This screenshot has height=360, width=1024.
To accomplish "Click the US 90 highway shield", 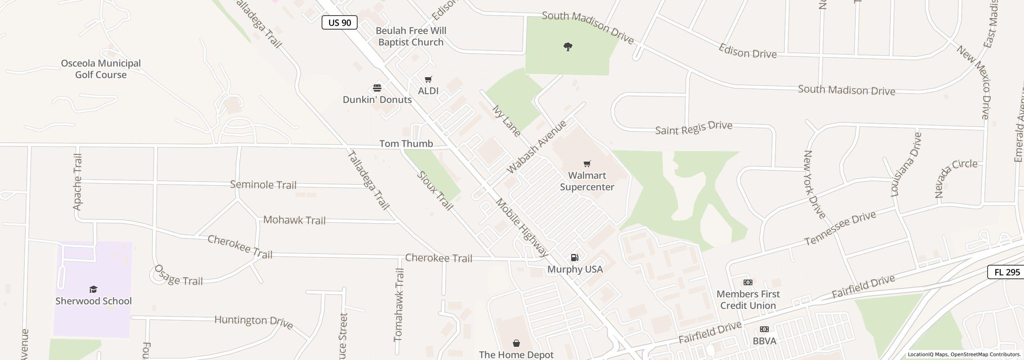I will [339, 22].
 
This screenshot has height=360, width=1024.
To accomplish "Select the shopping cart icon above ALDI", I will [428, 79].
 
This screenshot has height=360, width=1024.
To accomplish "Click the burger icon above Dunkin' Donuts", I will [377, 88].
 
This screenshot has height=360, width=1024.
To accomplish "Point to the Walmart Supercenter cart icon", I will [587, 164].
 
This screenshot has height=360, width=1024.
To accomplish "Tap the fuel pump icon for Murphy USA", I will [574, 258].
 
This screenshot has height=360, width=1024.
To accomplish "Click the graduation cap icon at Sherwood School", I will [93, 289].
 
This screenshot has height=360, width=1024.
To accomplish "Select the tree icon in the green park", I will [568, 47].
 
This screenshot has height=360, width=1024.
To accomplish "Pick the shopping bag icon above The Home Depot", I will [516, 343].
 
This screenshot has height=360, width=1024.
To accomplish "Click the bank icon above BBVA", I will [764, 329].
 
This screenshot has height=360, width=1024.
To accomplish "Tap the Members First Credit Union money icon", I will [748, 282].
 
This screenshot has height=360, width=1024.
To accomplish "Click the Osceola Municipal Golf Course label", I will [101, 69].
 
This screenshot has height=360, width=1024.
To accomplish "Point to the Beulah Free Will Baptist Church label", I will [411, 36].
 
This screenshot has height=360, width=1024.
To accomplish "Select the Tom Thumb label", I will [406, 144].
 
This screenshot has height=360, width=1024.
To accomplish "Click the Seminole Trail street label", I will [263, 185].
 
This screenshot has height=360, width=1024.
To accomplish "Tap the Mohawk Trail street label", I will [294, 220].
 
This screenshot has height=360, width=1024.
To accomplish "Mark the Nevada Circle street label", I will [956, 178].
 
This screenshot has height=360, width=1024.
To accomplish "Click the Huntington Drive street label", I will [254, 321].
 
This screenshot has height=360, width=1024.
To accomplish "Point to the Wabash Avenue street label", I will [536, 146].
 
